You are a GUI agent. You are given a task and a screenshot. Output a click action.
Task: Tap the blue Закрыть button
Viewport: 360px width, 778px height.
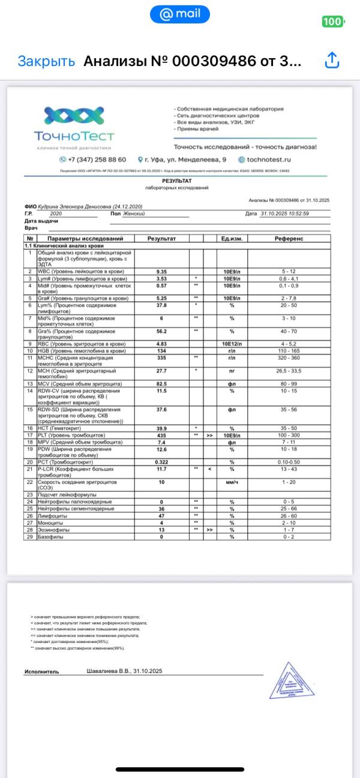point(46,61)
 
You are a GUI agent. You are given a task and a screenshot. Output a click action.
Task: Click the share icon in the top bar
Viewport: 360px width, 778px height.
point(332,61)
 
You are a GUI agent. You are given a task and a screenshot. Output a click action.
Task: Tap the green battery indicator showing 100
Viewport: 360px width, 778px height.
point(333,22)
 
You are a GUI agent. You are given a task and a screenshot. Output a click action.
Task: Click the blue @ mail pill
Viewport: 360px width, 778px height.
point(179,14)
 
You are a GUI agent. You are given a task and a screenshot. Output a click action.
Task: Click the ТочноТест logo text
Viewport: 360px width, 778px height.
point(74,137)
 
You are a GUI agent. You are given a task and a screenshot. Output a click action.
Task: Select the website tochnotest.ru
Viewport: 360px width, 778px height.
point(269,160)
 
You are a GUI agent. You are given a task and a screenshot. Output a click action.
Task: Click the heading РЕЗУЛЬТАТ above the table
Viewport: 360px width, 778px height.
point(177,181)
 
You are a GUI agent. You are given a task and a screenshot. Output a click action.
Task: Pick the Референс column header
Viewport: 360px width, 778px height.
point(289,239)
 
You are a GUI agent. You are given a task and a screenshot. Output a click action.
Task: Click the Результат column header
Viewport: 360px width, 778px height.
point(161,239)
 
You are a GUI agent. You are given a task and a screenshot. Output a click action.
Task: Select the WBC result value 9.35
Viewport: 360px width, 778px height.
point(161,272)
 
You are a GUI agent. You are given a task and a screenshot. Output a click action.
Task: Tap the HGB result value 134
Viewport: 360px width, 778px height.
point(161,351)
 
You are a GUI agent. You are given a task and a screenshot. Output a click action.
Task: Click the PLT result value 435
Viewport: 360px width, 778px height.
point(161,435)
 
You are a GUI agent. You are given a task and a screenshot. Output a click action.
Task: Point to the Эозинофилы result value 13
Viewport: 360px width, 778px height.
point(161,530)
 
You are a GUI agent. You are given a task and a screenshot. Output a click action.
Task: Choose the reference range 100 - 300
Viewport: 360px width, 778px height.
point(289,435)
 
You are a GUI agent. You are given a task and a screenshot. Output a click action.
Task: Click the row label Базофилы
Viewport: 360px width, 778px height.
point(51,536)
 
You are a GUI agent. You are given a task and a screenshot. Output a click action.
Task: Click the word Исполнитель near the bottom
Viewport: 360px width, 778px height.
point(41,671)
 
